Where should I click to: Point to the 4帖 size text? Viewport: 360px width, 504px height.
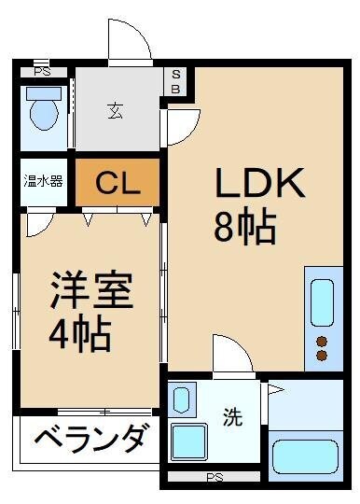point(82,332)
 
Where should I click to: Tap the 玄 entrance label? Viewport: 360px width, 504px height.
point(115,110)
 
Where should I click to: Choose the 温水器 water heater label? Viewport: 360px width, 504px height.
point(43,181)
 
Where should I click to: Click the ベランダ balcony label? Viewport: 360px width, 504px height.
point(91,437)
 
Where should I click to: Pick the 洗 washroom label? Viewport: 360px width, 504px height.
point(230,419)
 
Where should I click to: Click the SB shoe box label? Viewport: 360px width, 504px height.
point(177,82)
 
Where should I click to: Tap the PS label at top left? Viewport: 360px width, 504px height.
point(42,71)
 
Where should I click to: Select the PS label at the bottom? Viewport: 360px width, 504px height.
point(215,477)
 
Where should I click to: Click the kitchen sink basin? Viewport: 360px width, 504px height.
point(321,301)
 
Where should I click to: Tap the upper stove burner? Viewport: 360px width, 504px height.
point(322,340)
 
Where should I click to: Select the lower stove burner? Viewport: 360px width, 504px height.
point(322,356)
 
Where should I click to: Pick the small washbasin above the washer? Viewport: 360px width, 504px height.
point(181,400)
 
